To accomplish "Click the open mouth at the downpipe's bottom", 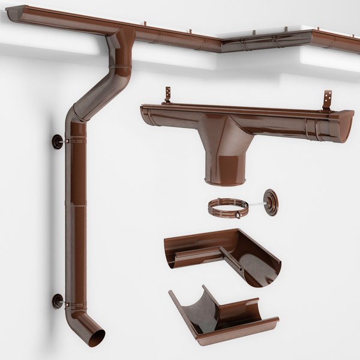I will [x=94, y=338].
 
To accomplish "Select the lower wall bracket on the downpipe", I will [x=58, y=301].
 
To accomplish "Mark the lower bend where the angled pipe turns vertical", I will [x=77, y=114].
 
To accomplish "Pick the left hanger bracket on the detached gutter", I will [x=169, y=95].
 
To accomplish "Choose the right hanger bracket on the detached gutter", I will [x=327, y=99].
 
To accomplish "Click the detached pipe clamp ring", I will [x=228, y=208].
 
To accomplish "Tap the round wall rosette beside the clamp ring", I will [x=271, y=202].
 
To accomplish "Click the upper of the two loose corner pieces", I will [x=225, y=255].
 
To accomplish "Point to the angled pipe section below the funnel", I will [x=102, y=90].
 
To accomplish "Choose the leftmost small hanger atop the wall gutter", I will [x=145, y=24].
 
